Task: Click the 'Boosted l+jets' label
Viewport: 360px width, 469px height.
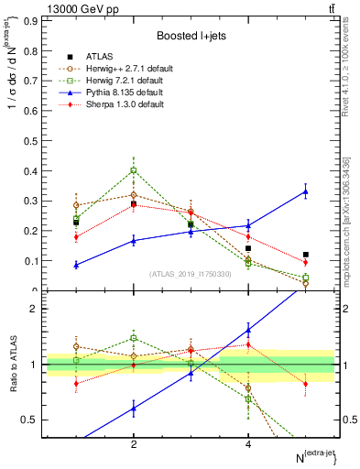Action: [191, 36]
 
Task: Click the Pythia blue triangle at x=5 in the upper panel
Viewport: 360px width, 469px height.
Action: [306, 191]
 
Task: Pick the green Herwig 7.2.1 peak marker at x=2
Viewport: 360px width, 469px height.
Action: [134, 170]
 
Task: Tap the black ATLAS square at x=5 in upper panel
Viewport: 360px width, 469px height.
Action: [306, 255]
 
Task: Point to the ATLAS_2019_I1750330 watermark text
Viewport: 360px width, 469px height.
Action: [191, 274]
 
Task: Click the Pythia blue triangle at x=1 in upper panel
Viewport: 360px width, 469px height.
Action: [76, 265]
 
